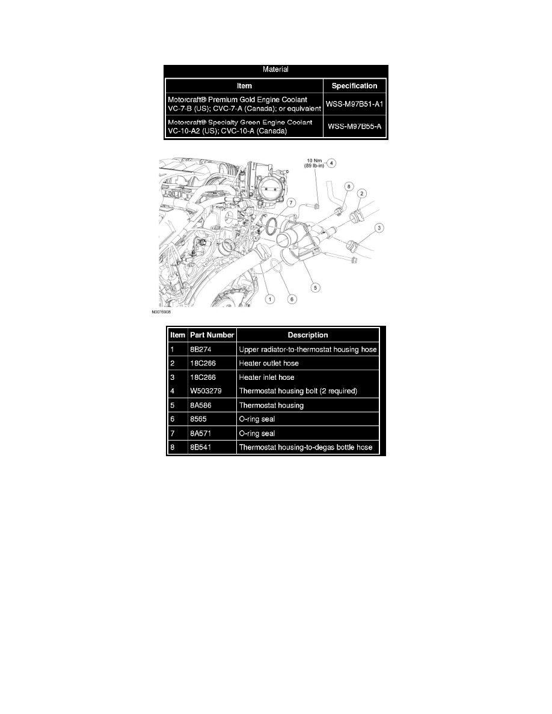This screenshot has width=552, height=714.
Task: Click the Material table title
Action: click(x=275, y=70)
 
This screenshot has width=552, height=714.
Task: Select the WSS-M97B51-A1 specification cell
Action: click(x=354, y=105)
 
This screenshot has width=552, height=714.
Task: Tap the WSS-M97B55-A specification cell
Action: click(x=354, y=127)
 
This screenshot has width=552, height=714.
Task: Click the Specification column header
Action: click(x=354, y=86)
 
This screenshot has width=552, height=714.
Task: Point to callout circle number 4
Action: click(x=331, y=163)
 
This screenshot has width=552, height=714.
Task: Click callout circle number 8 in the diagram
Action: click(x=349, y=186)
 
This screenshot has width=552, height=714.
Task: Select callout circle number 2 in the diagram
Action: click(x=361, y=194)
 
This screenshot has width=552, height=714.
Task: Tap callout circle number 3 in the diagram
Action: click(x=379, y=228)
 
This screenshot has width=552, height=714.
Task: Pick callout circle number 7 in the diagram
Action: click(x=292, y=203)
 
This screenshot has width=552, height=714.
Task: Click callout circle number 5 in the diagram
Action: click(x=314, y=287)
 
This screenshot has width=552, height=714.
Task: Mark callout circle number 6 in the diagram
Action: click(x=292, y=299)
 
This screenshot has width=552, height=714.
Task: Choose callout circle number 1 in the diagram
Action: click(x=270, y=299)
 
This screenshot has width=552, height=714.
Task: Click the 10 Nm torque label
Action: click(x=314, y=160)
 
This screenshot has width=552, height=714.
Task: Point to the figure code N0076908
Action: click(x=161, y=313)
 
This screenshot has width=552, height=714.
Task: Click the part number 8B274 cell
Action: click(x=201, y=350)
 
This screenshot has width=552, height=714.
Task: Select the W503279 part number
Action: click(x=206, y=391)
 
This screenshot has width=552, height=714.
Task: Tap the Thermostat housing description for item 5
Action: click(x=271, y=405)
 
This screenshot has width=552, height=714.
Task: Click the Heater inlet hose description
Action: click(x=266, y=377)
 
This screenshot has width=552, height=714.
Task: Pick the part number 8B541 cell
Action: click(x=200, y=447)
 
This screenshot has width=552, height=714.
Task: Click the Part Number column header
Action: click(x=212, y=335)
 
